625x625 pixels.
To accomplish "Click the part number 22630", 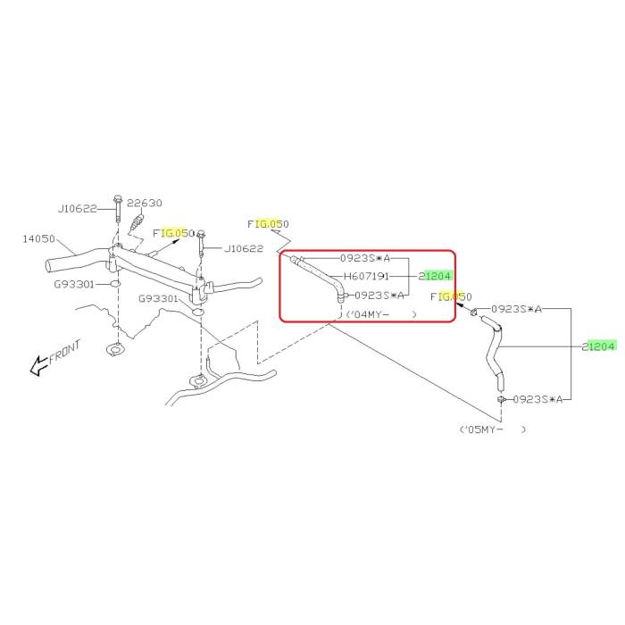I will click(x=144, y=203).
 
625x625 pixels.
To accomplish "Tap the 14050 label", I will click(x=39, y=239).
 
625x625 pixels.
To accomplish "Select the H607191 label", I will click(x=366, y=276).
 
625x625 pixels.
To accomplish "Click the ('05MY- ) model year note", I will click(x=492, y=429).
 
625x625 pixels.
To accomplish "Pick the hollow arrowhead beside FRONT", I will click(x=37, y=364).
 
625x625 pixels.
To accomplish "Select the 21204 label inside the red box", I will click(x=436, y=276).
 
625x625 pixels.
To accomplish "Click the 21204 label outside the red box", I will click(x=599, y=346).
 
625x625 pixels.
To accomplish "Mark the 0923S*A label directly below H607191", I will click(x=379, y=295).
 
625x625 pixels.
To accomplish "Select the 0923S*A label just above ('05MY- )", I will click(x=537, y=399).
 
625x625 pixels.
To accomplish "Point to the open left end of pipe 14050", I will click(x=49, y=264).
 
